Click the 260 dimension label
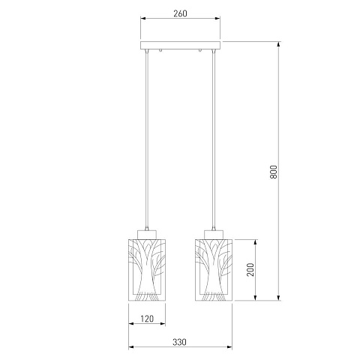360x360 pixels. click(180, 13)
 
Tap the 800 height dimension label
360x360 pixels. click(274, 172)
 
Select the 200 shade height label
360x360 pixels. click(250, 269)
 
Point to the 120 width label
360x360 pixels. click(147, 319)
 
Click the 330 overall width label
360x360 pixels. click(179, 342)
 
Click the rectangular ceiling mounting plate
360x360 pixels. click(180, 45)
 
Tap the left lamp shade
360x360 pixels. click(147, 270)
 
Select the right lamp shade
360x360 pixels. click(214, 270)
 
